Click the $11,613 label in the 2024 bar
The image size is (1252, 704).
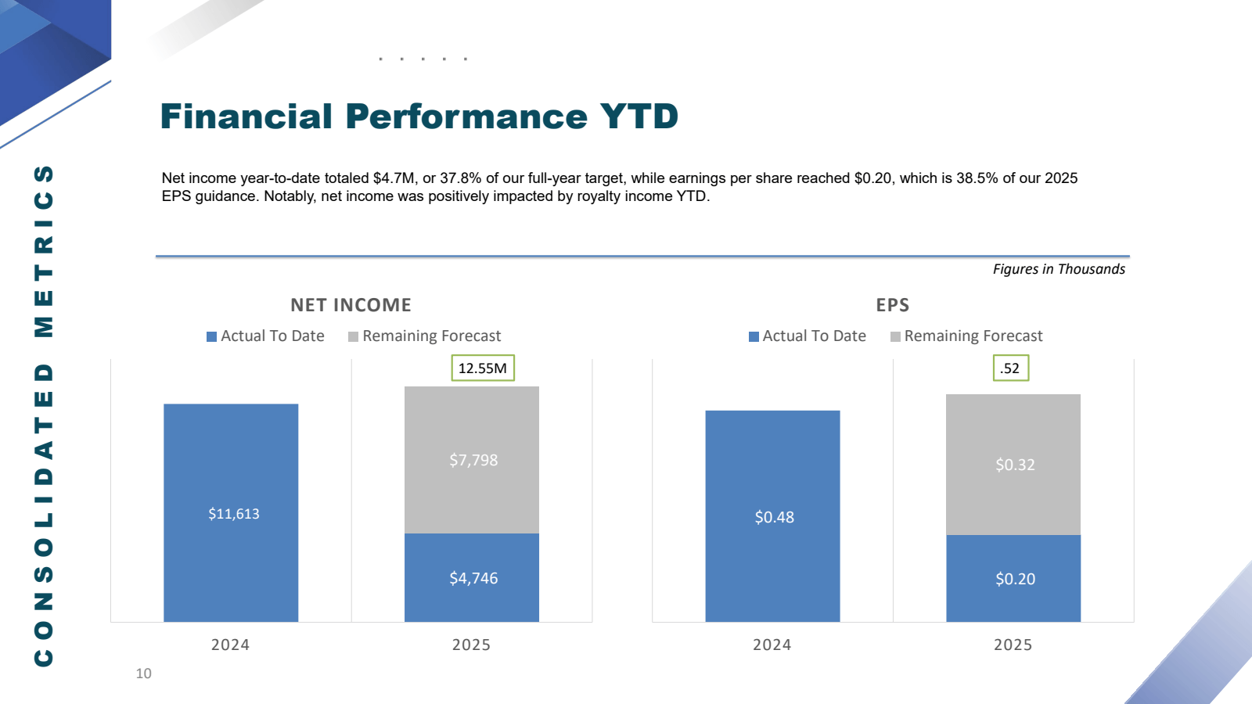[x=233, y=514]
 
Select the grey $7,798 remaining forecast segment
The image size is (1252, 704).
[x=473, y=460]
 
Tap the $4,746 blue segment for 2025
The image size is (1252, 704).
[x=473, y=578]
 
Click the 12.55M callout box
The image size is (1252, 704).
[x=482, y=368]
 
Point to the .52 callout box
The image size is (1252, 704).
[x=1010, y=368]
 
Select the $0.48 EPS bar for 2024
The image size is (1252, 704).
[x=773, y=517]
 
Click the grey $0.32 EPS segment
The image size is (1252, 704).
[x=1014, y=465]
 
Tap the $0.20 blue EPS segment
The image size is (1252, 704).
[x=1014, y=579]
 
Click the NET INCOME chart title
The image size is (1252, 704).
[x=351, y=305]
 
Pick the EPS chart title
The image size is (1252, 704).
[x=892, y=305]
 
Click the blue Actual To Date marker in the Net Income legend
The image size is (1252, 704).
[x=211, y=336]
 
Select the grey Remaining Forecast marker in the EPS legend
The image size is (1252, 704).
[x=895, y=336]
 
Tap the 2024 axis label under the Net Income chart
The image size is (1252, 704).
[x=230, y=645]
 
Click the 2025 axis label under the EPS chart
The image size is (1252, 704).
[x=1013, y=645]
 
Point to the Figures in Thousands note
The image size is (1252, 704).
[x=1059, y=269]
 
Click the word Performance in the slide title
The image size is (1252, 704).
[x=466, y=117]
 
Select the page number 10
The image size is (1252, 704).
[x=143, y=673]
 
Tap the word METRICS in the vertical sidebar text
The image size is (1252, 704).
[x=44, y=250]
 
